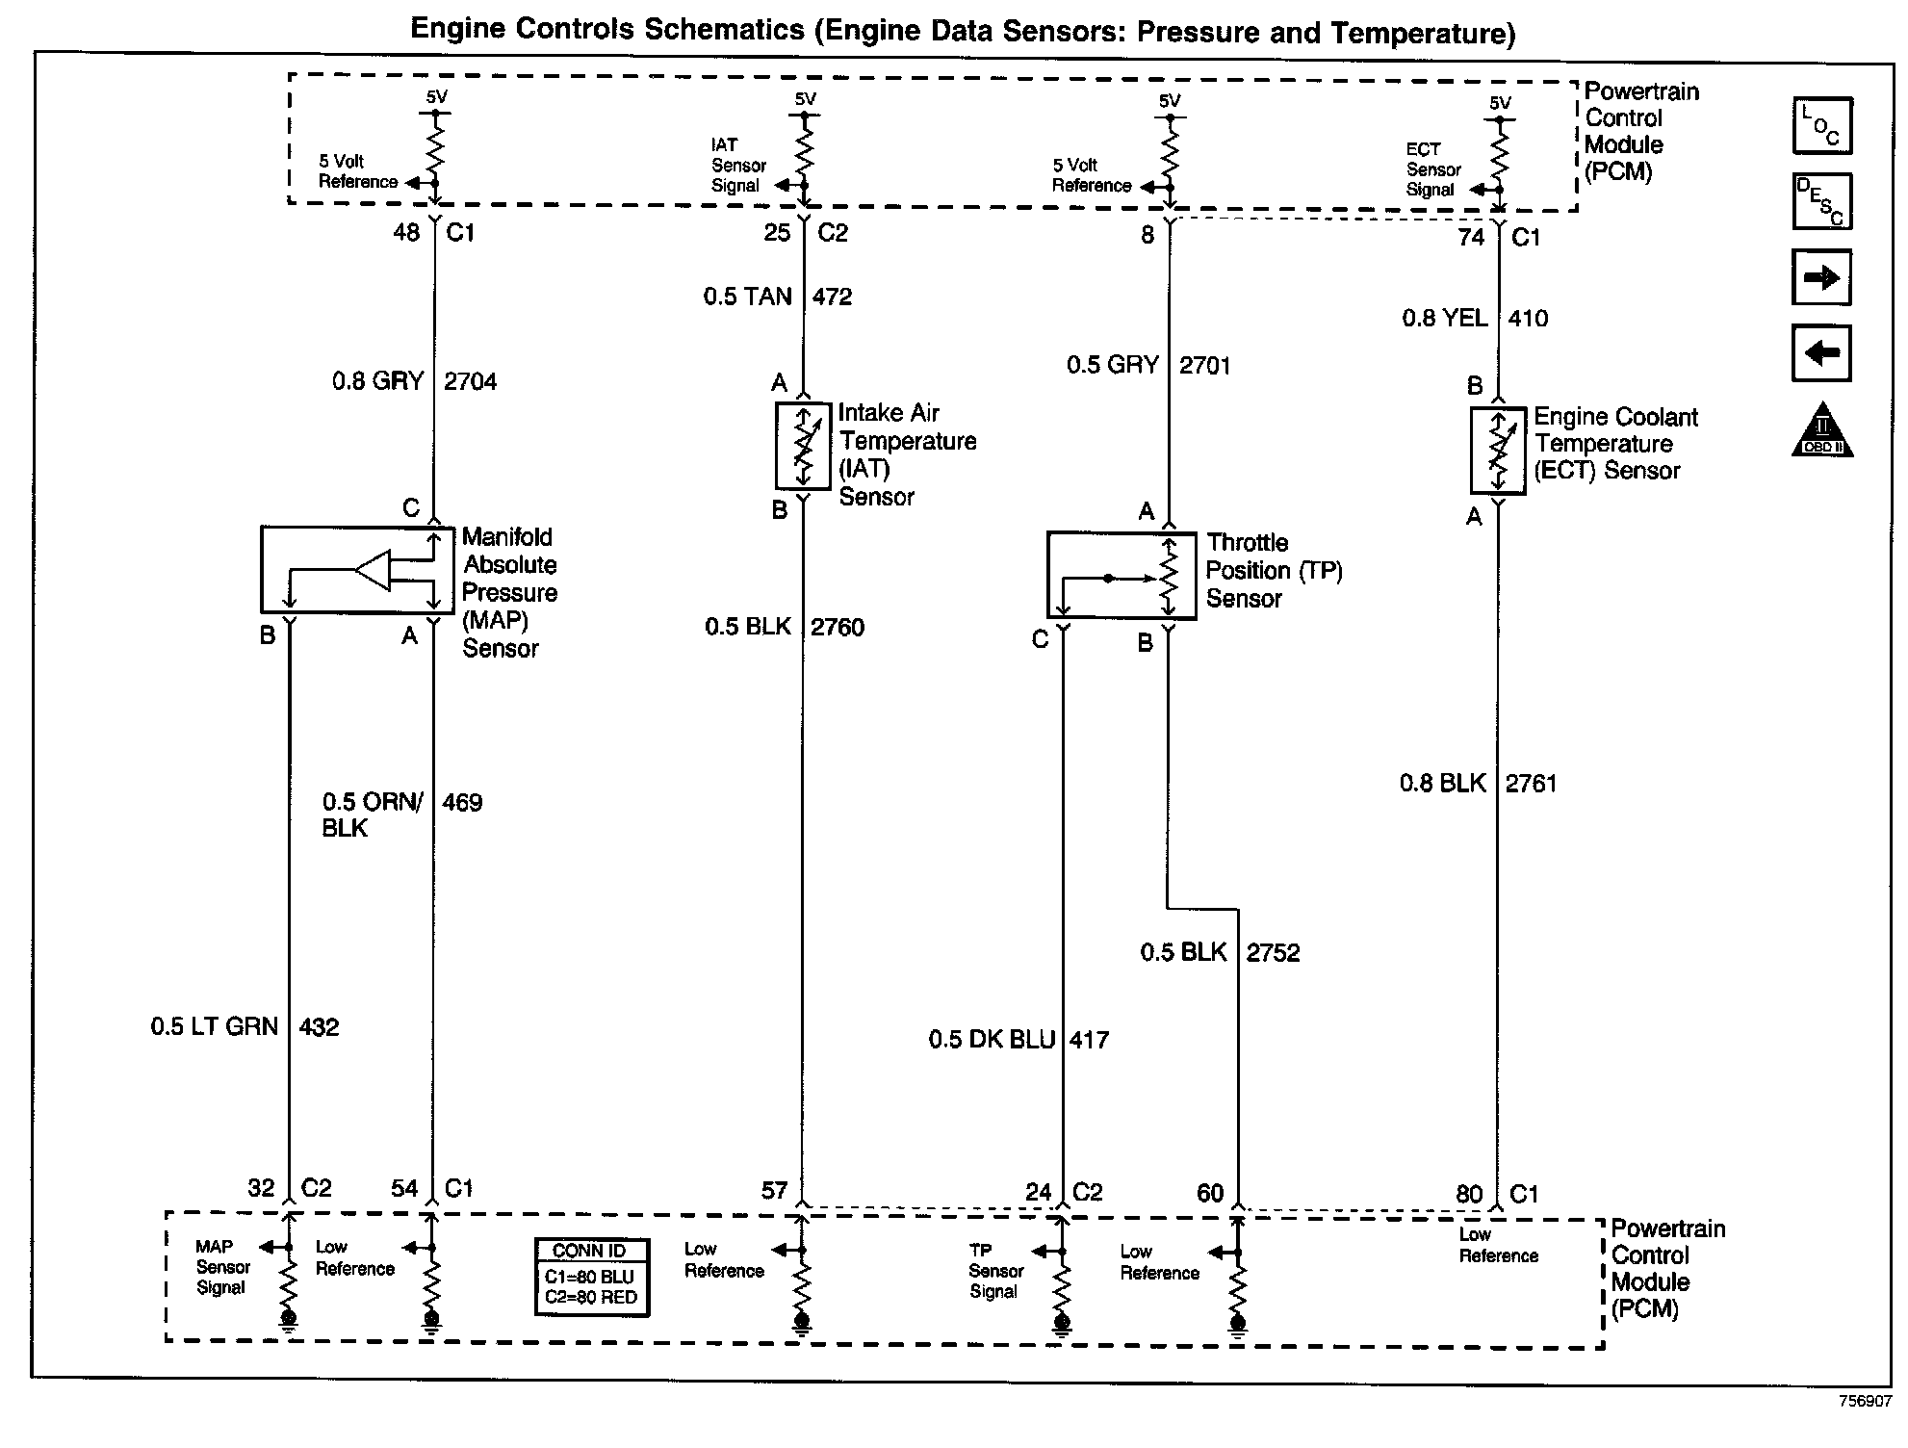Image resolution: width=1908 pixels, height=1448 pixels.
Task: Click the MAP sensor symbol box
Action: click(357, 570)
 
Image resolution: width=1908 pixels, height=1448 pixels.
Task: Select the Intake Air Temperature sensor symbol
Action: click(803, 446)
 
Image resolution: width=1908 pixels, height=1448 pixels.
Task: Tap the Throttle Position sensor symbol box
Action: click(1122, 575)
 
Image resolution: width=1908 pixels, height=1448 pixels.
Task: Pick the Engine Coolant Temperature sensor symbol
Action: click(1498, 451)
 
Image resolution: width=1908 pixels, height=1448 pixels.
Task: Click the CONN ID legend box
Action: click(591, 1277)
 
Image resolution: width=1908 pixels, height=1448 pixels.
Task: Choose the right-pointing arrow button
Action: click(1821, 278)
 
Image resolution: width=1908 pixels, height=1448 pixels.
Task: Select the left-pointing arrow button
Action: click(1821, 353)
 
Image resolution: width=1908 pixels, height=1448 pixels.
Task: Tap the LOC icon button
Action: click(1821, 126)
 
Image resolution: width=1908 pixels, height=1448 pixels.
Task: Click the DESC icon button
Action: click(1821, 201)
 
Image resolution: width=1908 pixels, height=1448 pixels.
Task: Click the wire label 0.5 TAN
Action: click(747, 297)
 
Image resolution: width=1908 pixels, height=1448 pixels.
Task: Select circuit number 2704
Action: click(470, 382)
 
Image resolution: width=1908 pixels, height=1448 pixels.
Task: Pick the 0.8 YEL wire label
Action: click(1444, 319)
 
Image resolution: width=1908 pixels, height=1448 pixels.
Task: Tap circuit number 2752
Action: click(1273, 953)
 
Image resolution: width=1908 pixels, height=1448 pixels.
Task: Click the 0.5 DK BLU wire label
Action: click(992, 1040)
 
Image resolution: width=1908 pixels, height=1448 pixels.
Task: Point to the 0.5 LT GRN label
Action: click(214, 1027)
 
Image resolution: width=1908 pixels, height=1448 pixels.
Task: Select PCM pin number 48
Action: click(406, 233)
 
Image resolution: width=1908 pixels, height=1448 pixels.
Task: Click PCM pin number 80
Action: click(1469, 1195)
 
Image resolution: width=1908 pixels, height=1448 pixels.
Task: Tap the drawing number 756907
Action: click(1865, 1402)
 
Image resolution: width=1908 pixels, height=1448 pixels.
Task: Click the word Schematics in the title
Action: click(725, 30)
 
